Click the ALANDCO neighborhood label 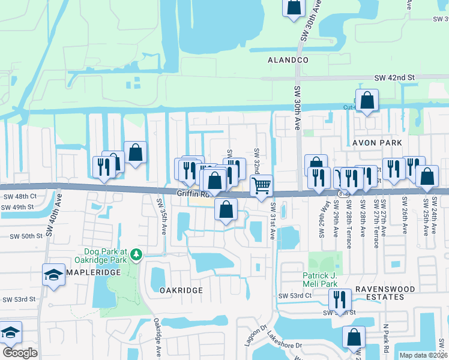[x=288, y=61]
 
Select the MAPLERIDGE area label [x=90, y=272]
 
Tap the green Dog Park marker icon [x=137, y=254]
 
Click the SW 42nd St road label [x=394, y=78]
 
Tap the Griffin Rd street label [x=191, y=194]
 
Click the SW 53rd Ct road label [x=295, y=296]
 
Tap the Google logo [x=20, y=353]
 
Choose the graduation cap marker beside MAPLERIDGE [x=53, y=275]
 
